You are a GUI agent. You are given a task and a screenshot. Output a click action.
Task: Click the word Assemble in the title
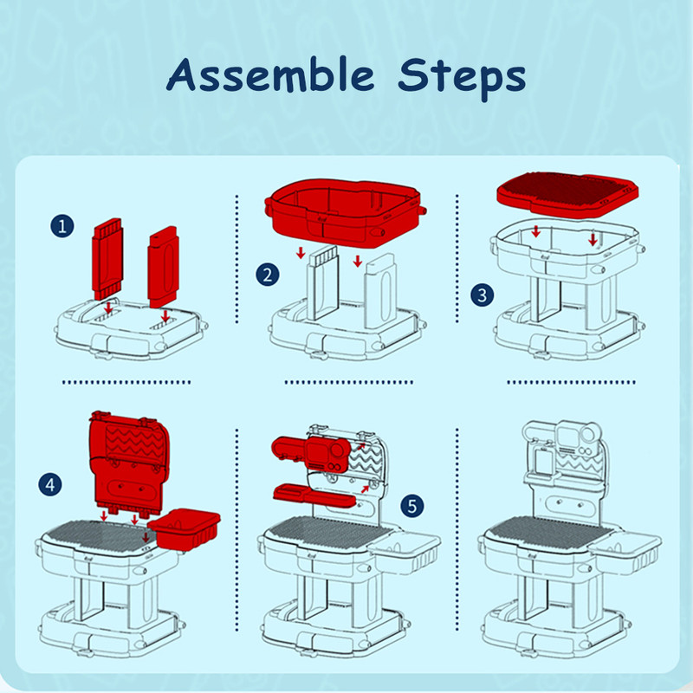pos(270,75)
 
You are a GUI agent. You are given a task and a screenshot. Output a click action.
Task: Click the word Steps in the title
pos(462,78)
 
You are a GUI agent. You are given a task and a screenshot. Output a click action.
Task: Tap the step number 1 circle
pos(62,226)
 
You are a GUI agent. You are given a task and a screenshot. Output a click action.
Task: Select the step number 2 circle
pos(268,275)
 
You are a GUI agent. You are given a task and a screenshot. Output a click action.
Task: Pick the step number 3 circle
pos(483,295)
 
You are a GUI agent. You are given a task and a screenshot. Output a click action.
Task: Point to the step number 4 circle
pos(50,484)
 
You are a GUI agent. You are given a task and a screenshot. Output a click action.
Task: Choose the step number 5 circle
pos(412,506)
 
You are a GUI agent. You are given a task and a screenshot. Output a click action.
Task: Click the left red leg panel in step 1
pos(107,259)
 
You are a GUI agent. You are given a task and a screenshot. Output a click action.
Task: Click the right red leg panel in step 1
pos(164,267)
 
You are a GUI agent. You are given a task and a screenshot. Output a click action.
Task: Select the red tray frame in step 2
pos(345,212)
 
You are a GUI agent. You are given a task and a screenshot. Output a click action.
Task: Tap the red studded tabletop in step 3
pos(567,193)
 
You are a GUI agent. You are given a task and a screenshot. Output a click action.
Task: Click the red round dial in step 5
pos(338,450)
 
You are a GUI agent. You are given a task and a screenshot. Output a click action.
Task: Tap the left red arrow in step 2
pos(301,253)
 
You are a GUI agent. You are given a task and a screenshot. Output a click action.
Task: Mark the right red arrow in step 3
pos(593,240)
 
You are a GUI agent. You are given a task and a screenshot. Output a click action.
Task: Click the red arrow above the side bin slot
pos(146,537)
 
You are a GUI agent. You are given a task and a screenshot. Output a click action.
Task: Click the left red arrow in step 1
pos(109,308)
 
